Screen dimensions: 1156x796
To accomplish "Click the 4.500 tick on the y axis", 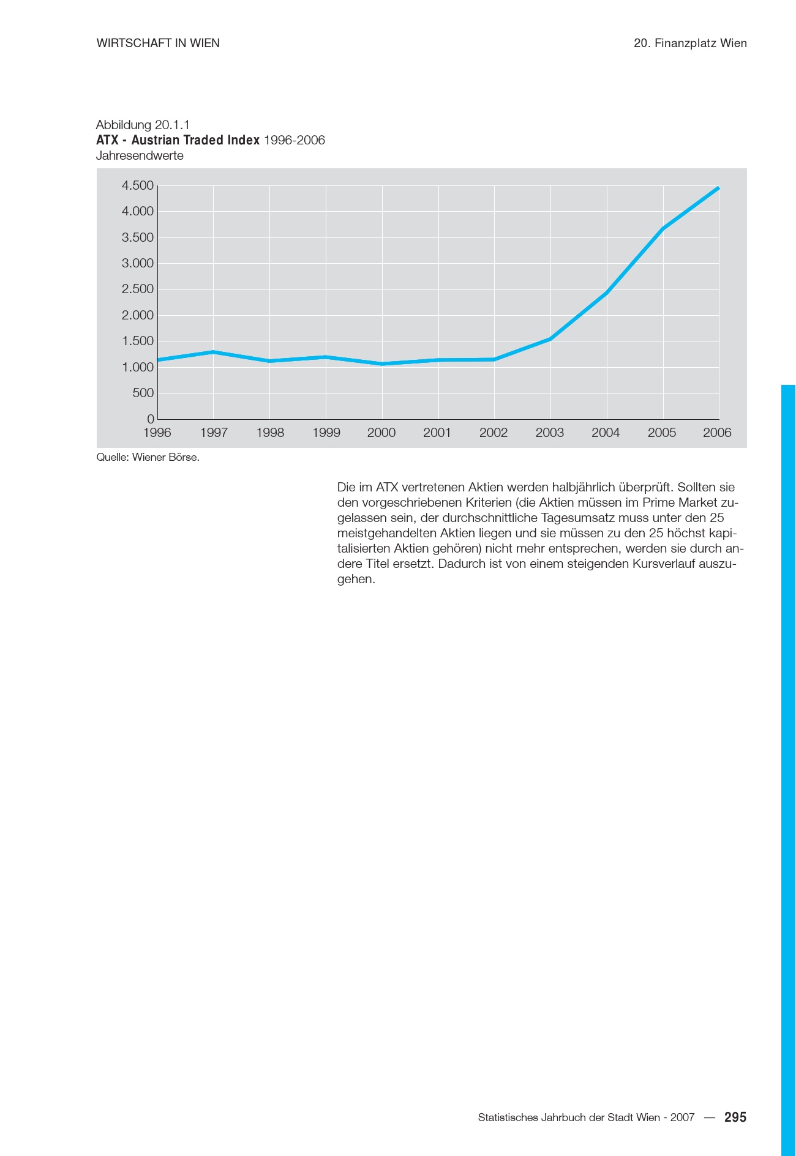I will [x=138, y=185].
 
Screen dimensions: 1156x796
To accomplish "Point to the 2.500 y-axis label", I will [x=138, y=289].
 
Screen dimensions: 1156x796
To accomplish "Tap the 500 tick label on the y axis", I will [x=143, y=393].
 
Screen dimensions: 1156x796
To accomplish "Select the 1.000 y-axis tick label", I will [x=138, y=367].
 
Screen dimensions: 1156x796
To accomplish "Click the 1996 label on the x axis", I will [x=157, y=433].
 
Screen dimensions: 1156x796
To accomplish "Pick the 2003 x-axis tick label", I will [x=550, y=433].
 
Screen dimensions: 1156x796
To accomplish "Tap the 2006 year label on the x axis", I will [x=717, y=433].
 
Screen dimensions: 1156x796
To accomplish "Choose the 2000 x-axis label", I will [x=381, y=433].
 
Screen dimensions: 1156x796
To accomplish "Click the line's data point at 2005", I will [x=663, y=229].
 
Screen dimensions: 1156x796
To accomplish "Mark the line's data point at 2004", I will [x=606, y=293].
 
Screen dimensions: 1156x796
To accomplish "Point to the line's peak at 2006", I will [x=718, y=188].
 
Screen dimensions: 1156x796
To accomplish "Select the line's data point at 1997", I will [x=213, y=352].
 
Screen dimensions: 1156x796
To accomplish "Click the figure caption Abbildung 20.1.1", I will [x=143, y=125].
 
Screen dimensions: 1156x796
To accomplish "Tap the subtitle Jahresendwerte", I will [x=140, y=155].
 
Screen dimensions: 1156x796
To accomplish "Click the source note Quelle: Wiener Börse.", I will [x=148, y=457].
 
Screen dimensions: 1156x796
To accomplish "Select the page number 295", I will [x=735, y=1117].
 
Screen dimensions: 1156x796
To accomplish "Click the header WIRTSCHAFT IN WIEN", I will [x=158, y=43].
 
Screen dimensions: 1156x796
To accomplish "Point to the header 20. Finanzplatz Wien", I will [x=690, y=43].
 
